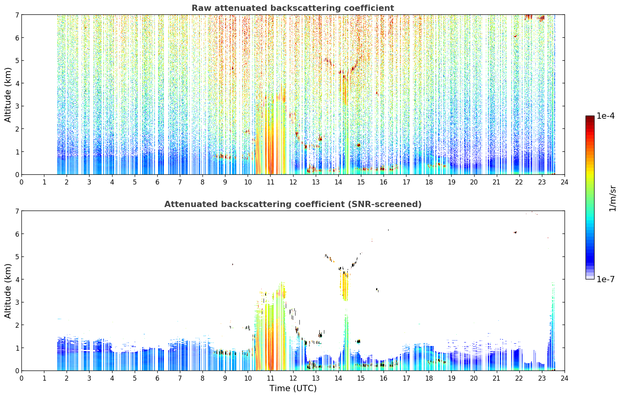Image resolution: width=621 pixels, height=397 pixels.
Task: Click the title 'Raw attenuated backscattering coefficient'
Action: [x=293, y=8]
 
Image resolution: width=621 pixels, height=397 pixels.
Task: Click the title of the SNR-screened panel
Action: [x=293, y=204]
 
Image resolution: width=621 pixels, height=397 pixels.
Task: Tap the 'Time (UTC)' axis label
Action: [x=293, y=388]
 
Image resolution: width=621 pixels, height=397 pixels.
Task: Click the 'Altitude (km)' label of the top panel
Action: [x=8, y=95]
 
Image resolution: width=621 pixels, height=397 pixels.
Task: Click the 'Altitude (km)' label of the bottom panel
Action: [x=8, y=291]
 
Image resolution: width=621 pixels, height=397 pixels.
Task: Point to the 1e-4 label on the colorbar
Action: [x=605, y=116]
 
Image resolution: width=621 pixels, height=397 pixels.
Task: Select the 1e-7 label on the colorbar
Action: [x=605, y=279]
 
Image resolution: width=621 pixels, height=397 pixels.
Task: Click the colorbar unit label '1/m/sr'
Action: [x=613, y=199]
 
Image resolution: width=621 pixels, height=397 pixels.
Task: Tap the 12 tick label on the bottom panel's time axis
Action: [x=293, y=378]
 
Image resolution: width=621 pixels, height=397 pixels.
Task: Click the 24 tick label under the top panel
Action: [x=565, y=182]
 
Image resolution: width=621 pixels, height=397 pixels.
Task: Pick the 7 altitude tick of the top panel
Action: [x=17, y=15]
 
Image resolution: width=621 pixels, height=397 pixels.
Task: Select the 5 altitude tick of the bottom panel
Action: [x=17, y=257]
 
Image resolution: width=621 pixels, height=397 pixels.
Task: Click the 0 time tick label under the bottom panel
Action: [x=22, y=378]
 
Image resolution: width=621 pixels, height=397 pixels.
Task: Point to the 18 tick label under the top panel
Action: [x=429, y=182]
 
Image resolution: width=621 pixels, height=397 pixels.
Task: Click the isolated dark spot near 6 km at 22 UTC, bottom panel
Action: [x=515, y=232]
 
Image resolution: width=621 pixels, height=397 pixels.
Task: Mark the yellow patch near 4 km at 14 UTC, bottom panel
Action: [x=345, y=286]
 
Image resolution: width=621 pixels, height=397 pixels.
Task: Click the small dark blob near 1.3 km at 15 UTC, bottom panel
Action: [x=359, y=341]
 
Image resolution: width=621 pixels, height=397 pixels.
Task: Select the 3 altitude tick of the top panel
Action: [x=17, y=106]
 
